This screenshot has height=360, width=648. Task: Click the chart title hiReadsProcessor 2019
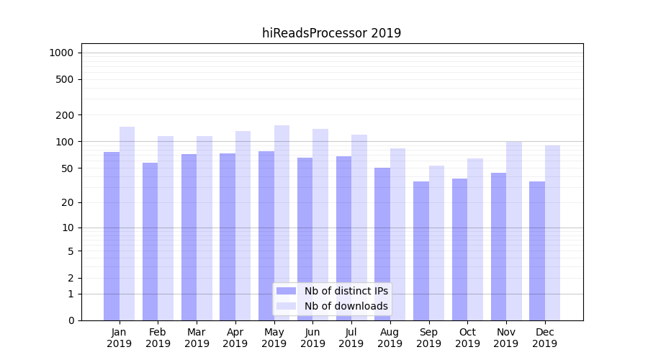coord(331,33)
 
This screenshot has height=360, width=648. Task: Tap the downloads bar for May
coord(282,222)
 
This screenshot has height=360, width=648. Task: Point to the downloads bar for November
coord(514,230)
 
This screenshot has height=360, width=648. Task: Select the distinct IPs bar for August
coord(382,244)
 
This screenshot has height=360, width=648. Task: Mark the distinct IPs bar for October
coord(459,249)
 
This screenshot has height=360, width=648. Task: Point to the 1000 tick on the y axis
coord(60,53)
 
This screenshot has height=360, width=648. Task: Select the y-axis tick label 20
coord(66,202)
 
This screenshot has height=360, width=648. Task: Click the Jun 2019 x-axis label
coord(312,338)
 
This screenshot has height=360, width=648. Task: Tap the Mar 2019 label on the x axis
coord(197,338)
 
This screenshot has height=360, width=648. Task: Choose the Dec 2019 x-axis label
coord(544,338)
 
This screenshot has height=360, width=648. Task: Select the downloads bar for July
coord(359,228)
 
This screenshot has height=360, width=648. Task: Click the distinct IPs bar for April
coord(228,237)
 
